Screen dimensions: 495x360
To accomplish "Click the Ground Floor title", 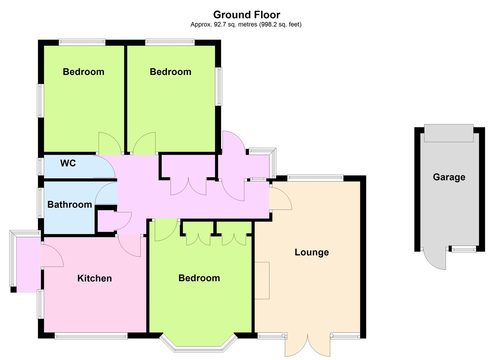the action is (x=246, y=15).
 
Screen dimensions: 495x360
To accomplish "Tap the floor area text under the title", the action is (x=246, y=25).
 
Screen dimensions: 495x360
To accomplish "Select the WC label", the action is (x=68, y=163).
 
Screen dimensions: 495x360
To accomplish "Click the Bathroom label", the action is (x=70, y=204).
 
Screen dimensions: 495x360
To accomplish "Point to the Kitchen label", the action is (x=95, y=278).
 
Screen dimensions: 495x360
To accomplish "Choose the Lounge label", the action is (x=312, y=252).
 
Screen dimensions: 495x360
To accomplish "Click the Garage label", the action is (x=449, y=177).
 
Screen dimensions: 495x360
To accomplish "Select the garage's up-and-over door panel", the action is (x=449, y=133).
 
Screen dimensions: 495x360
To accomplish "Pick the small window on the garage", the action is (x=464, y=250).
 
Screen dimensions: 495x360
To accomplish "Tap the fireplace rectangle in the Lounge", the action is (x=262, y=281).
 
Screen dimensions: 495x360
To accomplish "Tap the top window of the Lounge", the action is (x=315, y=178).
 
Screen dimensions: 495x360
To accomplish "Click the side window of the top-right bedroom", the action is (x=219, y=86).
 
